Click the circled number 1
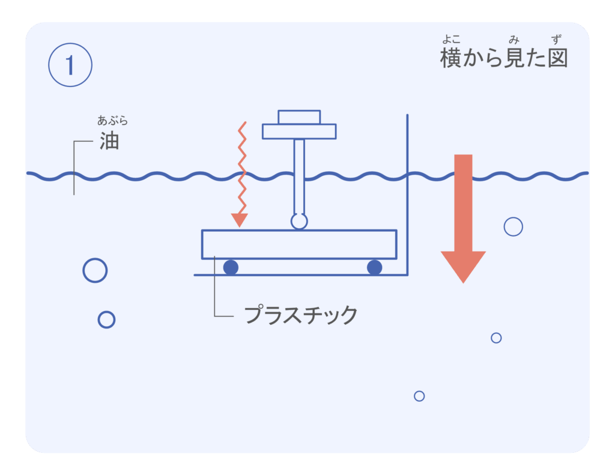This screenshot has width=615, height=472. [x=70, y=65]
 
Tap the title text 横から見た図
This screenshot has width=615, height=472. [x=503, y=59]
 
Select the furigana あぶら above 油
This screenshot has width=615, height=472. [x=112, y=121]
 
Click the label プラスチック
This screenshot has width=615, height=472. [x=300, y=315]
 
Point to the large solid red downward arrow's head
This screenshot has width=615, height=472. [x=463, y=265]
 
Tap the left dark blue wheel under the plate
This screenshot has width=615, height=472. [x=231, y=267]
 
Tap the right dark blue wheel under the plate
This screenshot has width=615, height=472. [x=375, y=267]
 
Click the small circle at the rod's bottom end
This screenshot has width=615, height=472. [x=299, y=221]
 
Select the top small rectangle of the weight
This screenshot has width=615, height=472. [x=299, y=116]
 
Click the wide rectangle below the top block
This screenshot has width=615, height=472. [x=299, y=131]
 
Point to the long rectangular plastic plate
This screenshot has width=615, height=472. [x=299, y=244]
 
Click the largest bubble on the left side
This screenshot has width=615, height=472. [x=95, y=270]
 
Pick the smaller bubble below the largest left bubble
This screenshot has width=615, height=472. [x=106, y=319]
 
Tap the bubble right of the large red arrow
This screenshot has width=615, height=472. [x=513, y=226]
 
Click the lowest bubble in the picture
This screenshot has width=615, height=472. [x=419, y=396]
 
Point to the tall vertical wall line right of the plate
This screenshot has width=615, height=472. [x=407, y=192]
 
